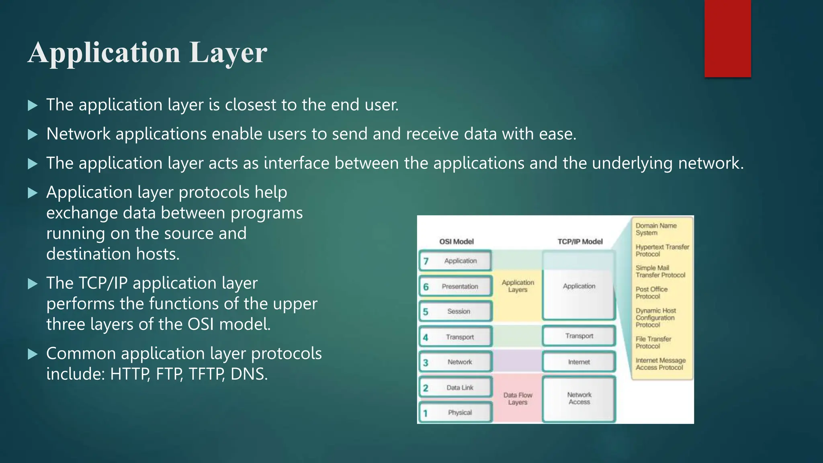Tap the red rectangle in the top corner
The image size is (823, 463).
[x=727, y=38]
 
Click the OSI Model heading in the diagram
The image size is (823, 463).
[x=456, y=242]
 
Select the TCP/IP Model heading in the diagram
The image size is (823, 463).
[x=580, y=242]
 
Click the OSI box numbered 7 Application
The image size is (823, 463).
[x=455, y=261]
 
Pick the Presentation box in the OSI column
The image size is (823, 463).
[x=455, y=287]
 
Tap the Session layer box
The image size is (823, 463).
[x=455, y=311]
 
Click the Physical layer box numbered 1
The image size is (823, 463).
[x=455, y=412]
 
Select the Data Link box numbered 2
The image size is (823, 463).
[x=455, y=387]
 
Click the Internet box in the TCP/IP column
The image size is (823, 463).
[x=579, y=362]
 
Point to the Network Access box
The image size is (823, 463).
[x=579, y=398]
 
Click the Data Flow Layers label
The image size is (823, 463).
[x=518, y=399]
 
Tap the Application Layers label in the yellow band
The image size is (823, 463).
[x=518, y=286]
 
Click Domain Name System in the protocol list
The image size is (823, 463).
[x=656, y=229]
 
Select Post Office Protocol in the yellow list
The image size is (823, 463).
[x=651, y=293]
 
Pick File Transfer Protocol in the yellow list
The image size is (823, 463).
[x=653, y=342]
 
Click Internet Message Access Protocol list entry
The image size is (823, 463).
[x=660, y=364]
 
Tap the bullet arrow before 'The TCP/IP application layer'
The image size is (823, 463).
[x=33, y=284]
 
